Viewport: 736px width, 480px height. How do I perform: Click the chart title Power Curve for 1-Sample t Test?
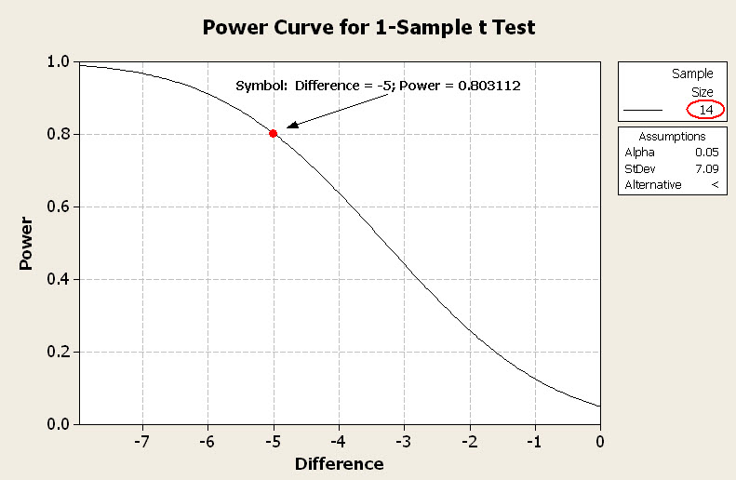pyautogui.click(x=368, y=27)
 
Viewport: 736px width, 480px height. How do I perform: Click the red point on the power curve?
pyautogui.click(x=273, y=133)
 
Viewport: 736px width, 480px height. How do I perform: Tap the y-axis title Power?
pyautogui.click(x=27, y=244)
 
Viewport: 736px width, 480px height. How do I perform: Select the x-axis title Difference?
pyautogui.click(x=339, y=463)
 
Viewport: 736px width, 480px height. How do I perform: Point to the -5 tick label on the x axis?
pyautogui.click(x=272, y=440)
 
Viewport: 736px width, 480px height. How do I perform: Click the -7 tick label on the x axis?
pyautogui.click(x=141, y=440)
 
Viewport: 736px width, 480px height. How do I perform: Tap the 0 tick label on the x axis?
pyautogui.click(x=600, y=440)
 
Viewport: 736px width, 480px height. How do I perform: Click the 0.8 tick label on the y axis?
pyautogui.click(x=60, y=134)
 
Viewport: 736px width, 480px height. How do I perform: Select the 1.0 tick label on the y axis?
pyautogui.click(x=60, y=61)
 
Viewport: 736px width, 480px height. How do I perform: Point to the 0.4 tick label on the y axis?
pyautogui.click(x=60, y=279)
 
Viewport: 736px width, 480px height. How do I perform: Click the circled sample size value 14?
pyautogui.click(x=705, y=110)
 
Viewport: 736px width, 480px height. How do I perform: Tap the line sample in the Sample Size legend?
pyautogui.click(x=643, y=110)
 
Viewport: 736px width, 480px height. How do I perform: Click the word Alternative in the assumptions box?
pyautogui.click(x=652, y=184)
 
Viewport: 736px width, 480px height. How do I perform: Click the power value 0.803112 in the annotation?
pyautogui.click(x=486, y=86)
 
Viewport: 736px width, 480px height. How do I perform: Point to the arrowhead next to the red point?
pyautogui.click(x=291, y=125)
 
